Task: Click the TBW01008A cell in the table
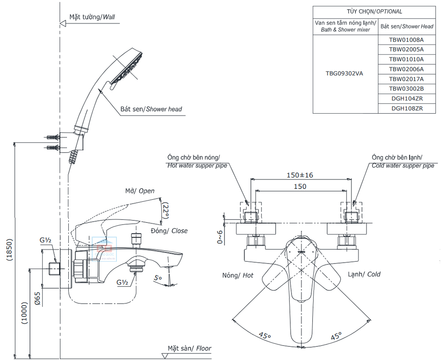406,40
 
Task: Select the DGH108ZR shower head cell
407,108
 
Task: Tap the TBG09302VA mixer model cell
344,74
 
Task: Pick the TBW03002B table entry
406,89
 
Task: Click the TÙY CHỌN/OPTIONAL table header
374,11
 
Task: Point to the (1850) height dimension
10,250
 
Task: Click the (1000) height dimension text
25,314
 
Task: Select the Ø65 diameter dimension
37,298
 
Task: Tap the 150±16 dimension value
300,175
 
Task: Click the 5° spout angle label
158,278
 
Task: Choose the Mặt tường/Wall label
92,17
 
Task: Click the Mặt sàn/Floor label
190,349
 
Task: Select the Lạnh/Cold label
364,274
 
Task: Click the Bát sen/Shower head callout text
151,109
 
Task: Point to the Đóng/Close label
169,231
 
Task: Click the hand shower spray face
126,68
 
